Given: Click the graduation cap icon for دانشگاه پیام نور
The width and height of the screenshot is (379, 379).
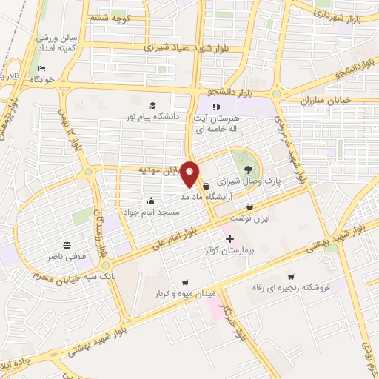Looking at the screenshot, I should pyautogui.click(x=152, y=106).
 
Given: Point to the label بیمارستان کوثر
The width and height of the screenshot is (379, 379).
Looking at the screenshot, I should pyautogui.click(x=229, y=251).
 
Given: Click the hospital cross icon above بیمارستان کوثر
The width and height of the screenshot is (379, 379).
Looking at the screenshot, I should pyautogui.click(x=229, y=238).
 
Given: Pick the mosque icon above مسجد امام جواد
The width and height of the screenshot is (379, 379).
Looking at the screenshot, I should pyautogui.click(x=152, y=200).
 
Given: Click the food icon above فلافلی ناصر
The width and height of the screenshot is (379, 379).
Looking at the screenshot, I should pyautogui.click(x=67, y=245).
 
